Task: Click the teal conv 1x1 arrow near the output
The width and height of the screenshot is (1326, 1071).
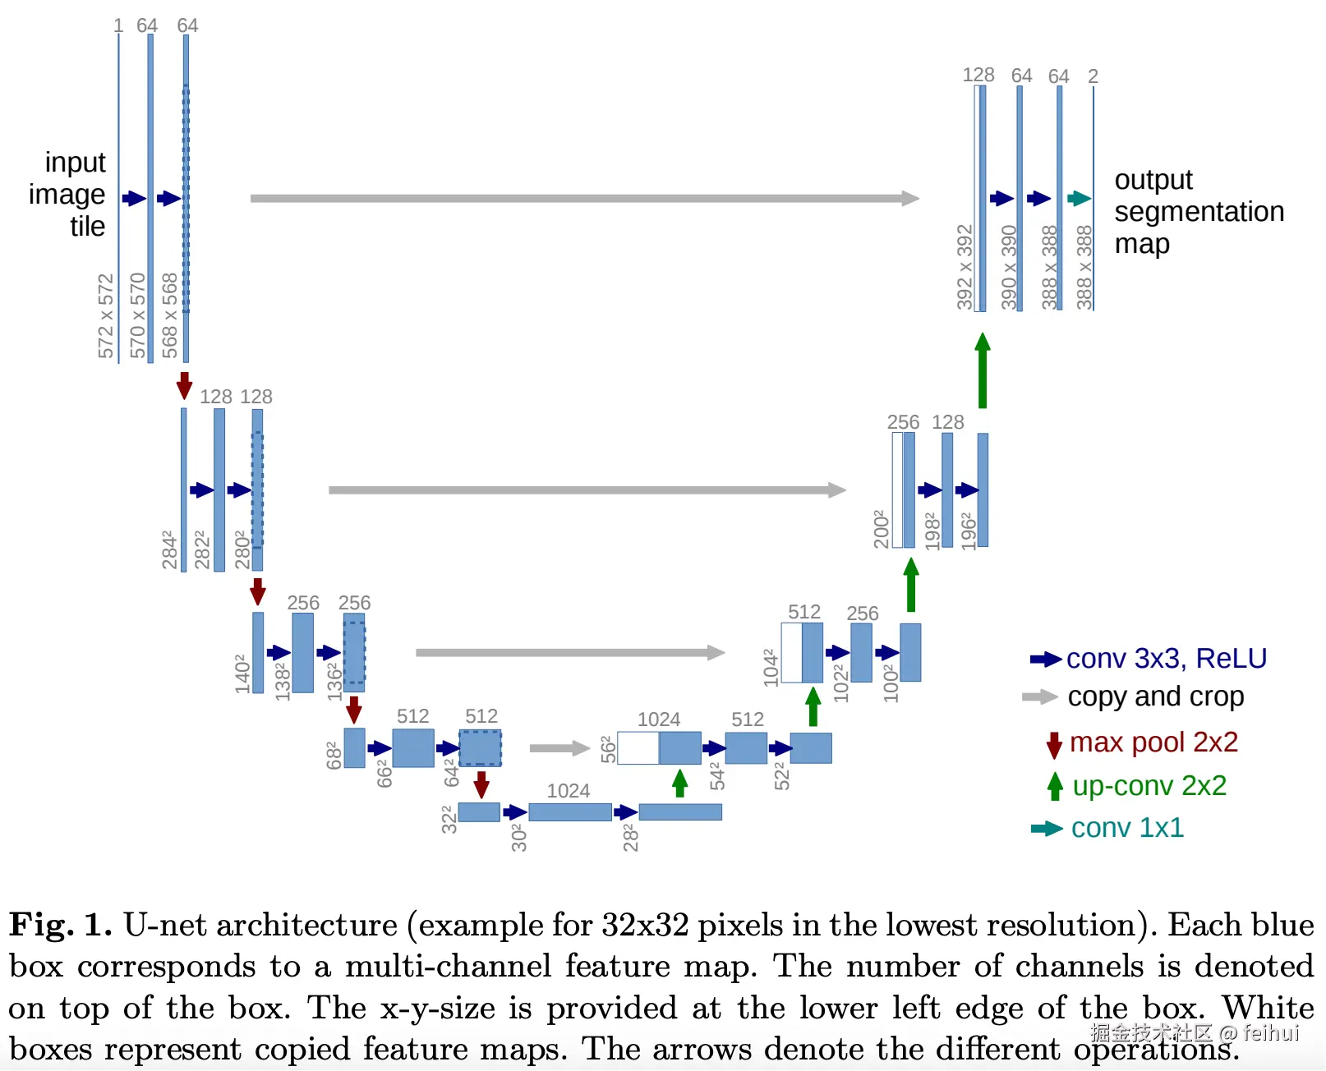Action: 1079,198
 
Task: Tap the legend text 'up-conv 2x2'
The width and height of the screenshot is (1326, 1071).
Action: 1149,786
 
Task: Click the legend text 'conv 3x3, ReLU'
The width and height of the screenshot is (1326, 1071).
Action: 1166,659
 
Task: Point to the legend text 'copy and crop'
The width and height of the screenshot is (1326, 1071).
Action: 1155,697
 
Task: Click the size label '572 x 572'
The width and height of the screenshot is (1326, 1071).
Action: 106,316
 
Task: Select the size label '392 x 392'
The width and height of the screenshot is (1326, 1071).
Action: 965,267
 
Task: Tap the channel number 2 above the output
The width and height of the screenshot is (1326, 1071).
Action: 1093,76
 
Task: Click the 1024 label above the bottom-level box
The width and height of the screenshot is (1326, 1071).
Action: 569,791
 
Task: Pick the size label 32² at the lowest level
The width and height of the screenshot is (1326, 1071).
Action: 449,820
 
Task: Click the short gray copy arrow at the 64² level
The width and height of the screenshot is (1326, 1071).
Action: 559,748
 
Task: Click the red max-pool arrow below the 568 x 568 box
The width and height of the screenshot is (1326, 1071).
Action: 185,385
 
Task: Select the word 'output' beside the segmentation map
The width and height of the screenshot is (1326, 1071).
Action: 1153,180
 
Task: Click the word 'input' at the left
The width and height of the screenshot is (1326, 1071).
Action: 75,163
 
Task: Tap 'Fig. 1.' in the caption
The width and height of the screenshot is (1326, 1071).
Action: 60,925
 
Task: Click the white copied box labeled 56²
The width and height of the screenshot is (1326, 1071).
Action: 638,748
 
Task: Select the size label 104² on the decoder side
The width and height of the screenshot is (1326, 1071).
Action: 771,668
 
